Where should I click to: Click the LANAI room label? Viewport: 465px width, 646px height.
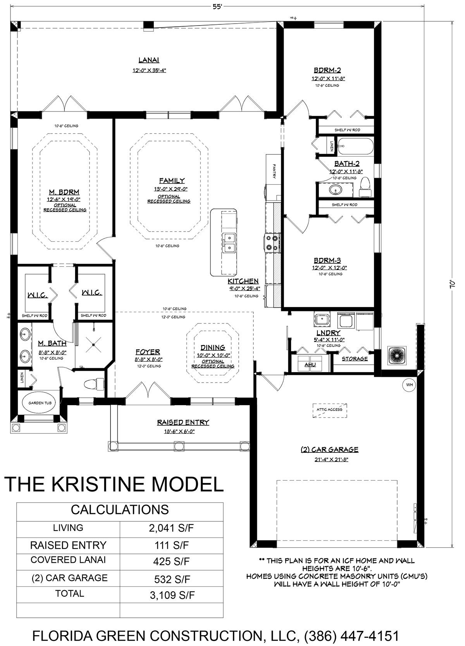149,60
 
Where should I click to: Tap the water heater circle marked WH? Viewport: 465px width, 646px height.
409,385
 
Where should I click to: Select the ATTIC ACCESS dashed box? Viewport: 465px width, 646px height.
330,411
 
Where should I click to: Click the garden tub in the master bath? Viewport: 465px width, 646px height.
40,403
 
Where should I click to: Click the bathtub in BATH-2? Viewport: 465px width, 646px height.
355,147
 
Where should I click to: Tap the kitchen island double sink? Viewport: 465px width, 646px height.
229,242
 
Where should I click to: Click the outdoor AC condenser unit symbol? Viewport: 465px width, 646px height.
397,355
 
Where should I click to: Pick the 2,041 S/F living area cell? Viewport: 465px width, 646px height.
171,528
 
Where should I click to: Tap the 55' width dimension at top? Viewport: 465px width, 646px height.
217,6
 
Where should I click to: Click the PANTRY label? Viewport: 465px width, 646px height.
274,171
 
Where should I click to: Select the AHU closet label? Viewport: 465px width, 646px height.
310,365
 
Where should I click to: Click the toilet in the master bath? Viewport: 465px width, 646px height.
93,383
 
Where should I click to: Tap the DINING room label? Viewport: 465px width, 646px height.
213,347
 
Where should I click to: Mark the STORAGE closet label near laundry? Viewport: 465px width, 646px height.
355,359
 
